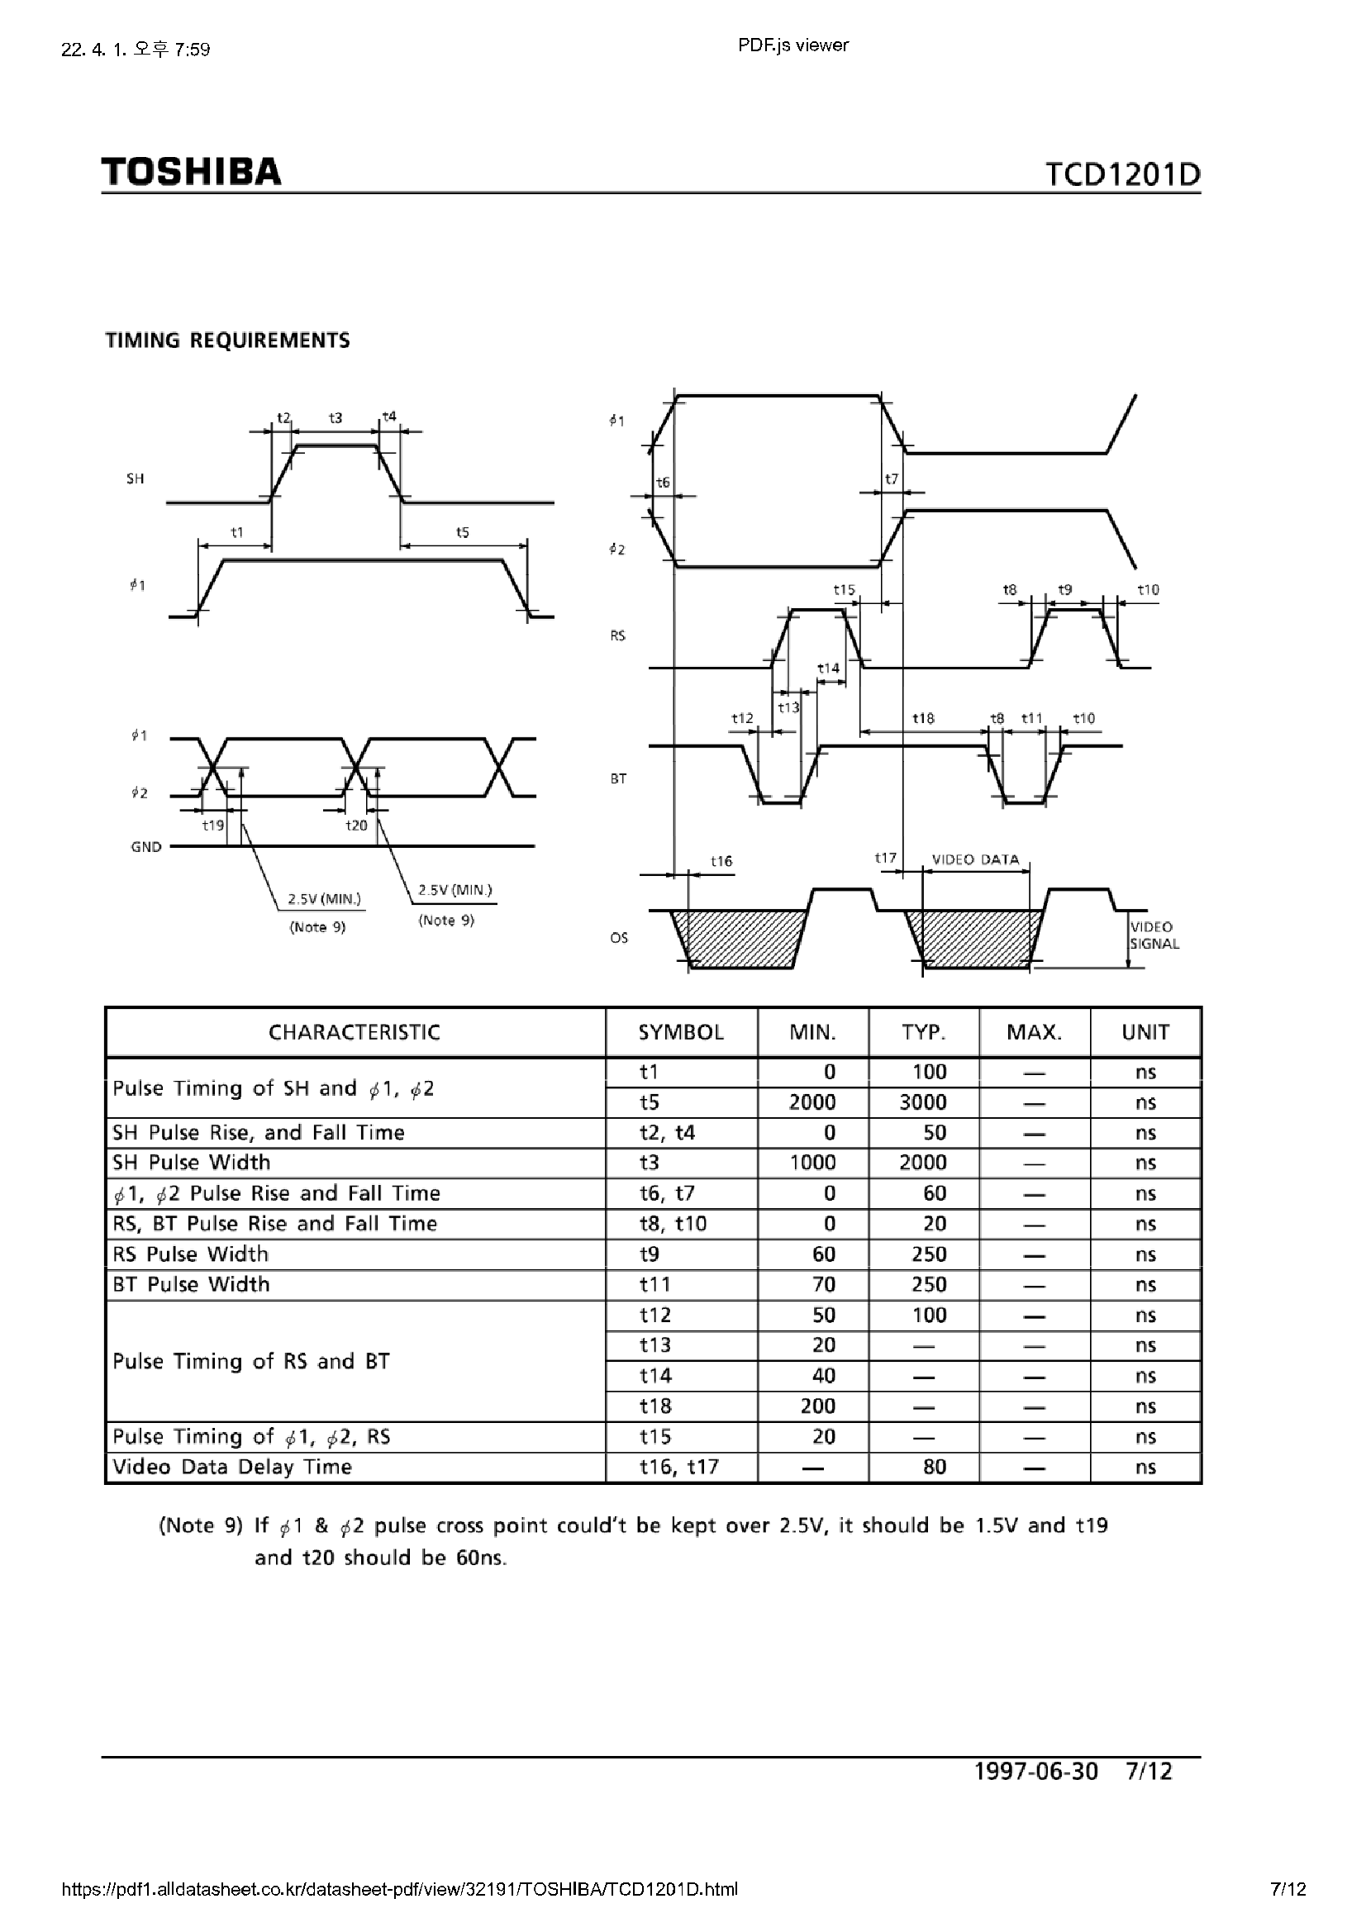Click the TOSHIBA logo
click(x=191, y=172)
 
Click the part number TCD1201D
click(x=1123, y=174)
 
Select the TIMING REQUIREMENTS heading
click(x=227, y=340)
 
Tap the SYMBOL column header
click(x=681, y=1032)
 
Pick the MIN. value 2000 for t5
click(x=812, y=1102)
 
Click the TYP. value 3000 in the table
click(x=923, y=1102)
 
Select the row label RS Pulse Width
click(x=191, y=1254)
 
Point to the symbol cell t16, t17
click(x=679, y=1468)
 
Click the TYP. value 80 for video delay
click(x=935, y=1468)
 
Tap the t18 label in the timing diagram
click(x=923, y=719)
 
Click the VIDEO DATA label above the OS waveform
click(x=975, y=860)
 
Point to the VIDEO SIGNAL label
click(x=1154, y=935)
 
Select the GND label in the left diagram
click(x=146, y=847)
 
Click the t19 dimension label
click(x=213, y=826)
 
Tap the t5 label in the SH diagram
click(x=462, y=533)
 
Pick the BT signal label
click(x=619, y=779)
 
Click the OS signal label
click(x=619, y=938)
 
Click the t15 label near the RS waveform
click(x=845, y=590)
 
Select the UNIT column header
click(x=1145, y=1032)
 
